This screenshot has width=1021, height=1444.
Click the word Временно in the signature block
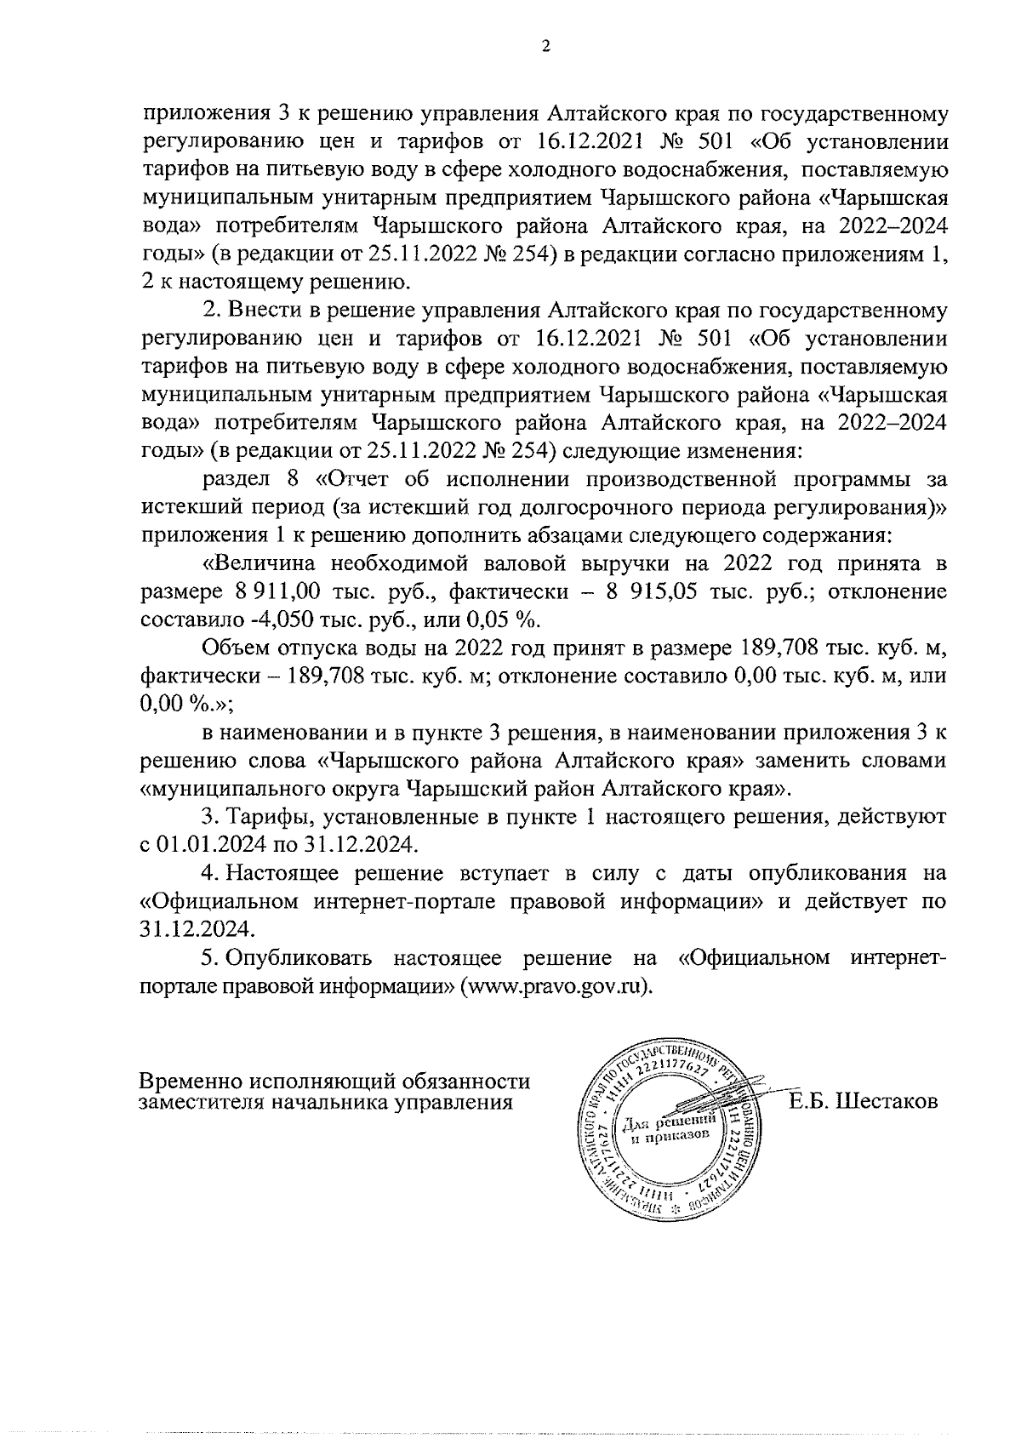[191, 1082]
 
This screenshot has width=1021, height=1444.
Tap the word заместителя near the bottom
[198, 1103]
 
